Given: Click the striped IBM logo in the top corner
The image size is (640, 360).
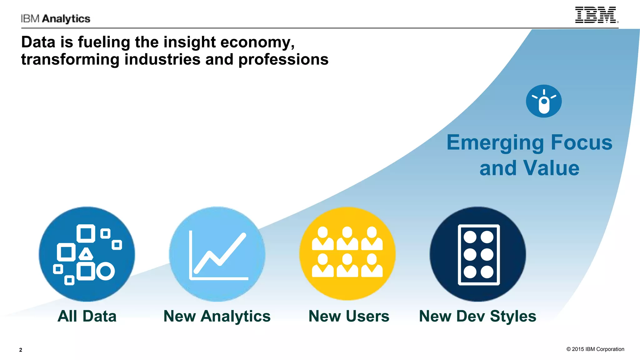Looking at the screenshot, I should tap(596, 15).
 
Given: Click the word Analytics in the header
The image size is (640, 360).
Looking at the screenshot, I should tap(66, 19).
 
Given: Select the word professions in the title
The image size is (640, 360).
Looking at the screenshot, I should tap(283, 59).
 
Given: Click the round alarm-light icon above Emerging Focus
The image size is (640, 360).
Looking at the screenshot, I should tap(544, 101).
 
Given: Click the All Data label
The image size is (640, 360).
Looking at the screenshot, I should tap(87, 316).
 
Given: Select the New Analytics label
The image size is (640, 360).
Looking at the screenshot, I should tap(217, 316).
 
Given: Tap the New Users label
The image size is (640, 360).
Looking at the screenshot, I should tap(349, 316).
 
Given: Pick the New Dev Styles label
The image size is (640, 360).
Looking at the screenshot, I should tap(477, 316).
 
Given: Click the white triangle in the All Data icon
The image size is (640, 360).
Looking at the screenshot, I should tap(86, 254).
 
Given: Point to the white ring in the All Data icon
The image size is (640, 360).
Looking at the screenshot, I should tap(105, 271).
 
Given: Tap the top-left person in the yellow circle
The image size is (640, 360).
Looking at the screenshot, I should tap(323, 238).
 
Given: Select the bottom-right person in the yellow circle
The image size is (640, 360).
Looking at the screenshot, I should tap(372, 265).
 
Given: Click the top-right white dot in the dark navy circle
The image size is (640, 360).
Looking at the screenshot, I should tap(487, 237).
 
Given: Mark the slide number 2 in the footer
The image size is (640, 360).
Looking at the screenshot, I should tap(21, 350).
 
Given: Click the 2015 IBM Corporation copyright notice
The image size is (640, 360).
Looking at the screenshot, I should tap(595, 349).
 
